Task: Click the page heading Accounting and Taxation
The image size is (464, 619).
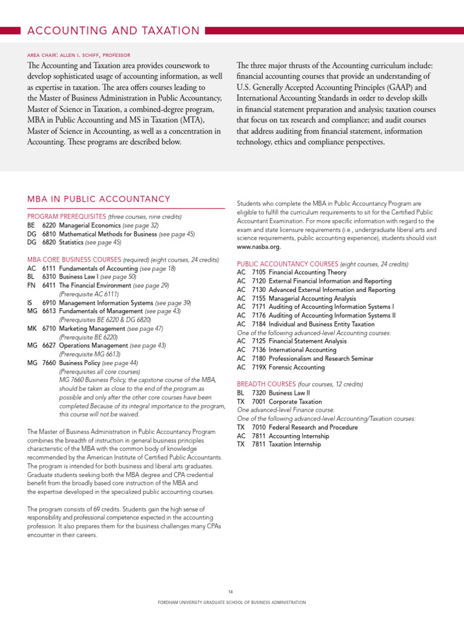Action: pyautogui.click(x=113, y=31)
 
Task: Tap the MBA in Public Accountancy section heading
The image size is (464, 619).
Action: pyautogui.click(x=99, y=199)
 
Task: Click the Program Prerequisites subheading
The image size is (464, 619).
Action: pyautogui.click(x=66, y=216)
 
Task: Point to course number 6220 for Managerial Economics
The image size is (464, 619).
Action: pyautogui.click(x=49, y=225)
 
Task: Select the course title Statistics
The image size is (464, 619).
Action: pyautogui.click(x=71, y=242)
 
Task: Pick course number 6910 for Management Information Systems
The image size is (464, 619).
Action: pyautogui.click(x=49, y=302)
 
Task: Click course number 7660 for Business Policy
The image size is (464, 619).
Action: pyautogui.click(x=49, y=363)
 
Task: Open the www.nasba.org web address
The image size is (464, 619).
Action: pyautogui.click(x=259, y=247)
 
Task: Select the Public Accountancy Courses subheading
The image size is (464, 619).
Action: pyautogui.click(x=287, y=264)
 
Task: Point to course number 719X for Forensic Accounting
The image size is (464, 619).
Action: pyautogui.click(x=259, y=367)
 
